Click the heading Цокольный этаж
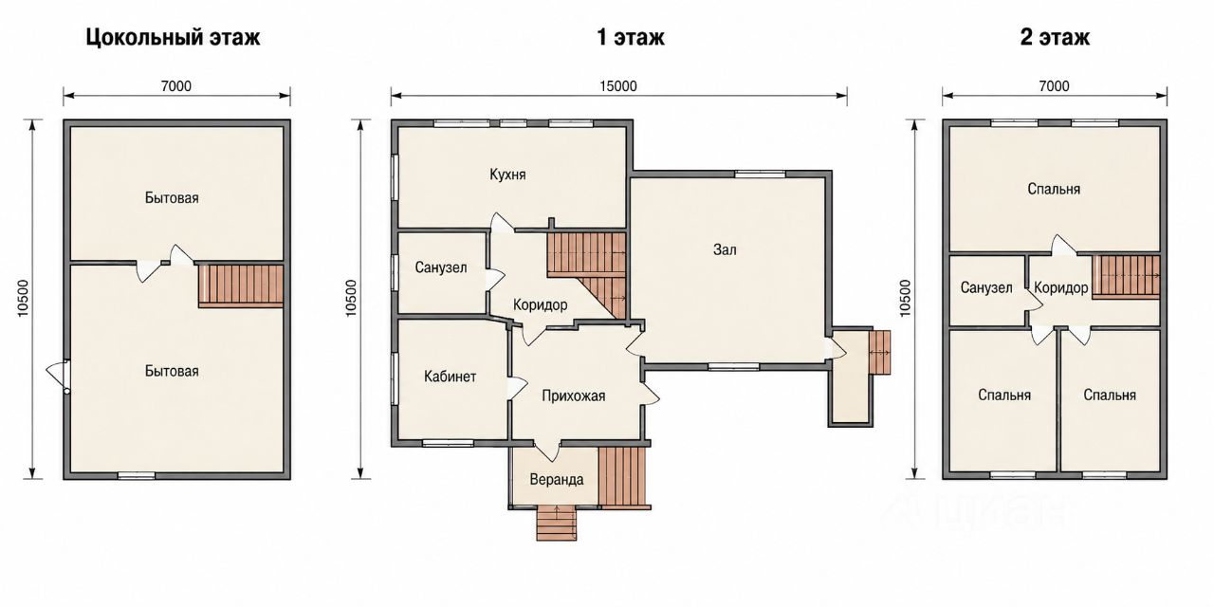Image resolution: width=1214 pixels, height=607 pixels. tap(173, 38)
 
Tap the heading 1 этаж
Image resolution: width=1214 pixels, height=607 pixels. tap(631, 37)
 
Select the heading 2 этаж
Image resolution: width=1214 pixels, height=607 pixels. tap(1055, 37)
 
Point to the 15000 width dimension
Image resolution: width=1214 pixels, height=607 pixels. tap(618, 86)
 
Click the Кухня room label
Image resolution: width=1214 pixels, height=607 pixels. tap(507, 175)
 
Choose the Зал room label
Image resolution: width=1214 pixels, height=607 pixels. tap(725, 249)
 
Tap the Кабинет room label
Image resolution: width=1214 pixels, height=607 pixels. tap(450, 377)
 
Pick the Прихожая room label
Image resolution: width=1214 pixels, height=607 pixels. tap(574, 396)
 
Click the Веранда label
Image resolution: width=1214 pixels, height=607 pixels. tap(557, 480)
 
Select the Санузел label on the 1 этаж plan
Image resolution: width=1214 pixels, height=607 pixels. tap(441, 267)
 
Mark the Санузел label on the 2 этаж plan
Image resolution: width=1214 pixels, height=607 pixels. tap(986, 287)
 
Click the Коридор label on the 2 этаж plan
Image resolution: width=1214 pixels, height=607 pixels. tap(1061, 287)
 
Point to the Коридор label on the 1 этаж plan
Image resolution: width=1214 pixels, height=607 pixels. tap(541, 304)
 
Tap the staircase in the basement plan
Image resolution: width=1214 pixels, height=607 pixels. tap(241, 285)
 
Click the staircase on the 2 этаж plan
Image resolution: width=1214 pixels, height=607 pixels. tap(1126, 276)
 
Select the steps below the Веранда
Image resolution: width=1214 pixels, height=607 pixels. tap(557, 524)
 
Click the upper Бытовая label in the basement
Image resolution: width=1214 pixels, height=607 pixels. tap(172, 198)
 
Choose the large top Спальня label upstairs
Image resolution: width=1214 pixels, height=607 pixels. tap(1054, 189)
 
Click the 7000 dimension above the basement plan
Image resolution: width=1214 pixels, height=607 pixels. tap(176, 86)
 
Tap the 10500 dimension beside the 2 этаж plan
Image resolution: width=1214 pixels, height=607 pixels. tap(905, 298)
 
